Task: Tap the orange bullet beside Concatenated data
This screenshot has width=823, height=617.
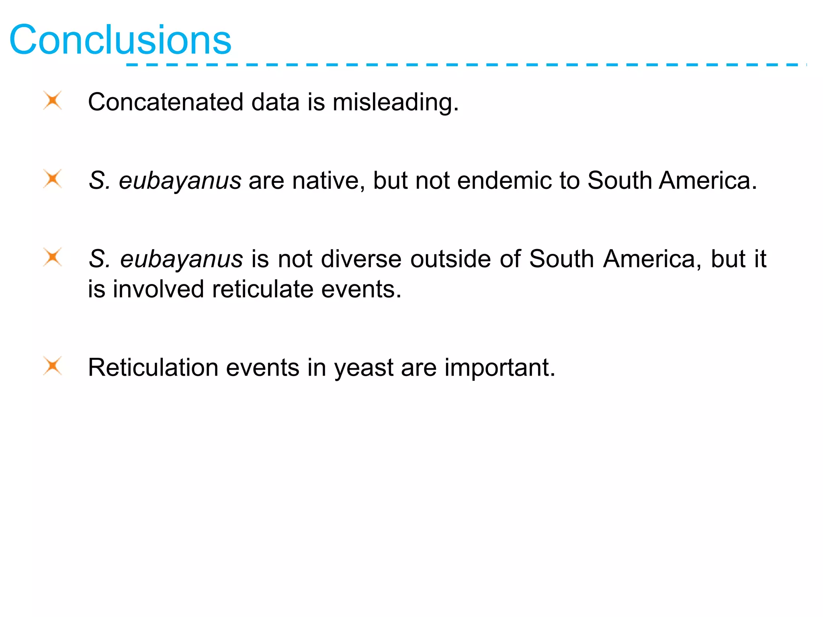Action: [x=53, y=100]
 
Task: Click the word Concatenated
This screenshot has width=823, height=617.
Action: [x=166, y=102]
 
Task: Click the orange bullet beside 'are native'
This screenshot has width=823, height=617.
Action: [x=53, y=179]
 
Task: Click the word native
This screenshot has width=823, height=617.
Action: [x=328, y=180]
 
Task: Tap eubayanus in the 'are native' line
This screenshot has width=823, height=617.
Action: [x=180, y=181]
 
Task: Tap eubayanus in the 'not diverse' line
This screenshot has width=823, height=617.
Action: [x=181, y=259]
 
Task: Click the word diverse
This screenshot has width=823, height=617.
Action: [x=361, y=258]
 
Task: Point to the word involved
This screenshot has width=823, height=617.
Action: [x=158, y=289]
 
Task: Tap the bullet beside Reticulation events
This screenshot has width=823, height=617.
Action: [x=53, y=366]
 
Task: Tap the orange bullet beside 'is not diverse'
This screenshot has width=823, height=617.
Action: [x=53, y=257]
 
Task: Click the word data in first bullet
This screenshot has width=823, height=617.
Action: [x=275, y=102]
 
